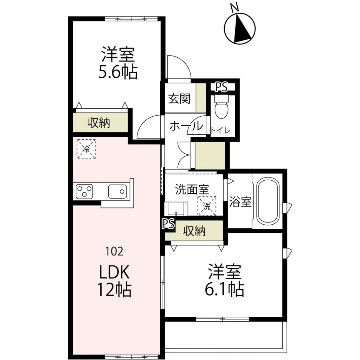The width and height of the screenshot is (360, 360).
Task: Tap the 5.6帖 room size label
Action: click(118, 72)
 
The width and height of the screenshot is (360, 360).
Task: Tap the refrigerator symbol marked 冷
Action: click(86, 149)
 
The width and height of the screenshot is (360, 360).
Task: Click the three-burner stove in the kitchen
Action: click(84, 192)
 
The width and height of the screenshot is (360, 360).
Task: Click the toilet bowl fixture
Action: click(221, 107)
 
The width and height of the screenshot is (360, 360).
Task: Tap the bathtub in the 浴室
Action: click(268, 201)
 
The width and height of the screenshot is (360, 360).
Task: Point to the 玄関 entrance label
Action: click(179, 99)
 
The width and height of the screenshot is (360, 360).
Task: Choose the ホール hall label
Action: click(186, 126)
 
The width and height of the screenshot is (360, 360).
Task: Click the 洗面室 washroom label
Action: click(192, 189)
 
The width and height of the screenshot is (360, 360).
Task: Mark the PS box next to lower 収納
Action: click(169, 225)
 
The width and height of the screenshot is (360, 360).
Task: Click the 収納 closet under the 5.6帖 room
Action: click(99, 123)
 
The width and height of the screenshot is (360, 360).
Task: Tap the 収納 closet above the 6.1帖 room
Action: click(194, 231)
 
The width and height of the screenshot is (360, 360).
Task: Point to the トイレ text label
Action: click(220, 131)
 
